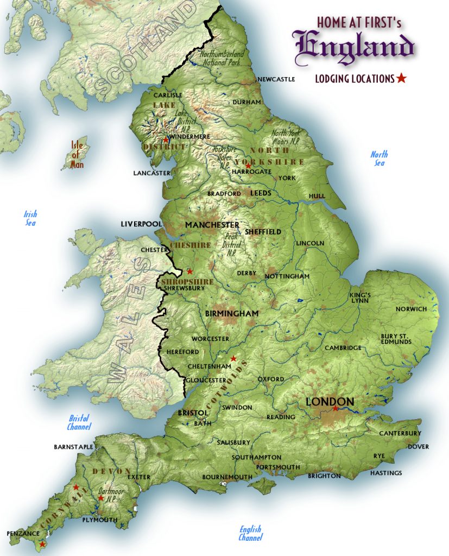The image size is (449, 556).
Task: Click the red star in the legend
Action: [401, 78]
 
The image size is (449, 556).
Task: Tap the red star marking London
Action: [336, 408]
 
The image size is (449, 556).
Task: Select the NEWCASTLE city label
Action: [276, 79]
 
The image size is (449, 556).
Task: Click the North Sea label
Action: [379, 159]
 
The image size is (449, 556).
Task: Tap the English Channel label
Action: [250, 533]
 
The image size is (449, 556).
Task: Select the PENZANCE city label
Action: [24, 534]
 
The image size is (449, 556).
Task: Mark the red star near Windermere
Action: [166, 140]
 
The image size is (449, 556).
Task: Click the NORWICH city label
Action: [411, 309]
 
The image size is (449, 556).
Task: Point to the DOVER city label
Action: [418, 447]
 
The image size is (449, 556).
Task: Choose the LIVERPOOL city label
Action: [141, 224]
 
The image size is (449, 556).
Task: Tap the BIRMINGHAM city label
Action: [232, 314]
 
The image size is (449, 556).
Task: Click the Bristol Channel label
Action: [79, 422]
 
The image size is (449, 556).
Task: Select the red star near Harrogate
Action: [248, 165]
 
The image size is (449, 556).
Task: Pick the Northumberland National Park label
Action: [222, 59]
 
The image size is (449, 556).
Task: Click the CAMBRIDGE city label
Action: [343, 348]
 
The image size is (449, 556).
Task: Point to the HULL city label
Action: [317, 196]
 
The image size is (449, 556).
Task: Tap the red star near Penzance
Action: [42, 544]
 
